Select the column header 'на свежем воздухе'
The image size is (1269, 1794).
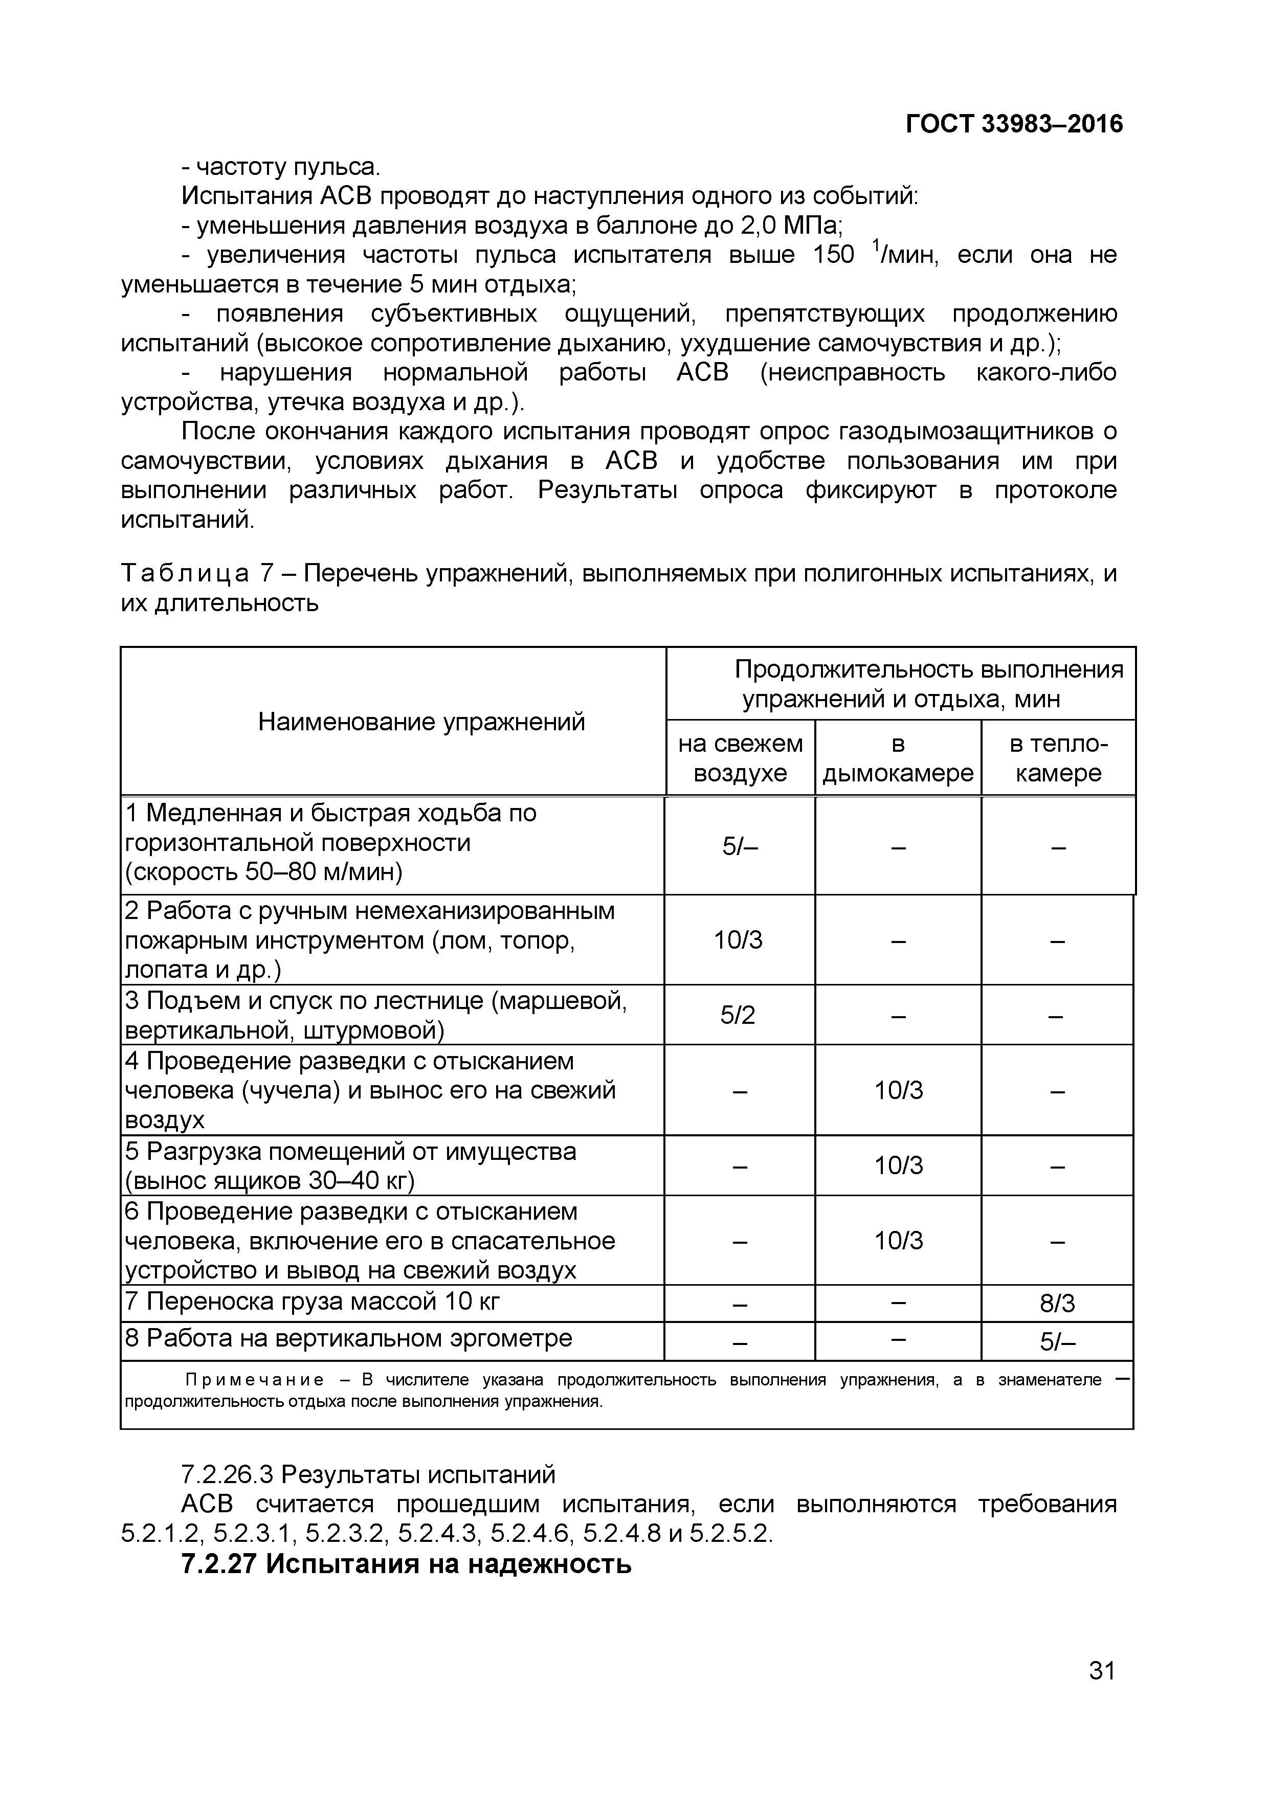click(x=740, y=758)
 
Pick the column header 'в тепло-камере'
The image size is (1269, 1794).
click(x=1058, y=758)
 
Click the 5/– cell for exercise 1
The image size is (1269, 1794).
click(x=739, y=846)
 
